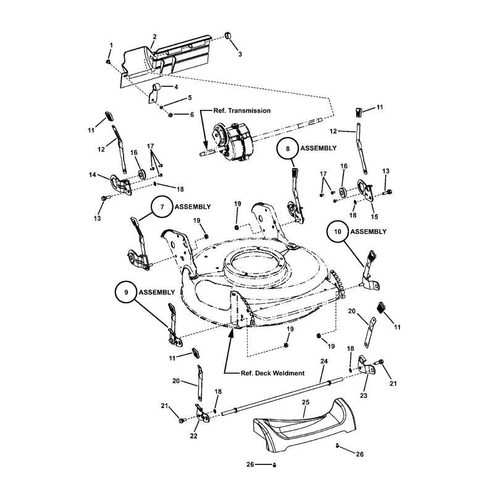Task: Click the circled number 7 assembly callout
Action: click(162, 208)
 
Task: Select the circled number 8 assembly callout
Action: click(288, 149)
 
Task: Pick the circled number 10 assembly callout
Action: click(338, 232)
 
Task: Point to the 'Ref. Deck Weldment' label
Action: click(272, 373)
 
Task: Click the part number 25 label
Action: click(304, 402)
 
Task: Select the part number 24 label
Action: click(323, 361)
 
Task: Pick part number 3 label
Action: click(240, 54)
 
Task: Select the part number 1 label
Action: click(111, 46)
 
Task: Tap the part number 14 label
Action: click(92, 175)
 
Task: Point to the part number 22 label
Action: click(193, 435)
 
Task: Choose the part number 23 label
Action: click(363, 395)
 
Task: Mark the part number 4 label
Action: click(176, 87)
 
